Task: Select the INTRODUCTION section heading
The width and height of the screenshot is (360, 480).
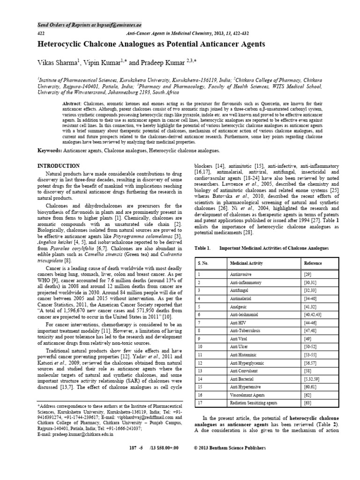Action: point(59,166)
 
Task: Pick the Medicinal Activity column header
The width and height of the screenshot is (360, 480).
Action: point(247,263)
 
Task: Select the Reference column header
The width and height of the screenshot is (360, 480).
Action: point(313,263)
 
